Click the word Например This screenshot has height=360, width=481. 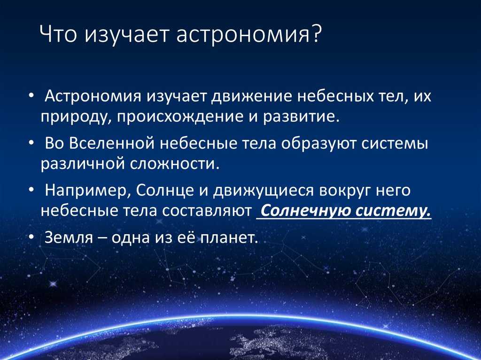pos(84,191)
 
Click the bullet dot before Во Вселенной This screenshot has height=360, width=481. pos(31,143)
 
